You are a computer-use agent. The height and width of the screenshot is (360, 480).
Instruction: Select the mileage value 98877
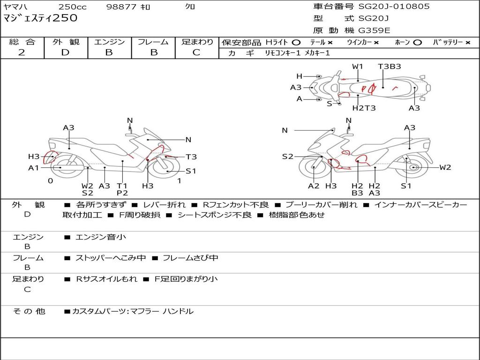121,7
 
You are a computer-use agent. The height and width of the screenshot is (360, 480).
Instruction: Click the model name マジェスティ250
40,18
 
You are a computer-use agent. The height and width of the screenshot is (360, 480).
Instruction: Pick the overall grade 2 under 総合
22,52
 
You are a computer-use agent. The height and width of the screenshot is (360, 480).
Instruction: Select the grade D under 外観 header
65,52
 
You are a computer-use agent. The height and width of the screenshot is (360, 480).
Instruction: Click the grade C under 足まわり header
196,52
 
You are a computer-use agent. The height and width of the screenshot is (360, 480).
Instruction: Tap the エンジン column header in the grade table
109,42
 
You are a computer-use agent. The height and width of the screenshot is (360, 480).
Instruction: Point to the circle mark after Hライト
296,43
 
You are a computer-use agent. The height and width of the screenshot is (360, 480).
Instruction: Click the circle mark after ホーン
417,43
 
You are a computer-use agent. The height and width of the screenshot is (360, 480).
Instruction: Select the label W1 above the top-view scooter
358,67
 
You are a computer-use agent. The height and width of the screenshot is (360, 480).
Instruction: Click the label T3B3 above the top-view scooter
390,67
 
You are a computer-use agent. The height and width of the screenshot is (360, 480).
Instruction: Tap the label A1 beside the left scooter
33,168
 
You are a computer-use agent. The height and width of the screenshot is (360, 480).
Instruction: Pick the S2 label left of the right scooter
287,157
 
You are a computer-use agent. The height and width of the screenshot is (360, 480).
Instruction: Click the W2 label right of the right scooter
445,167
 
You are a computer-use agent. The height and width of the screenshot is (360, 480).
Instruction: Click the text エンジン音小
101,237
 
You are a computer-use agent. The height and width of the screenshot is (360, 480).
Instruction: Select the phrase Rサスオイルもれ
107,279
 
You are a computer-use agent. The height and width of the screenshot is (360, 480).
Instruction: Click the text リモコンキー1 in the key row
283,53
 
